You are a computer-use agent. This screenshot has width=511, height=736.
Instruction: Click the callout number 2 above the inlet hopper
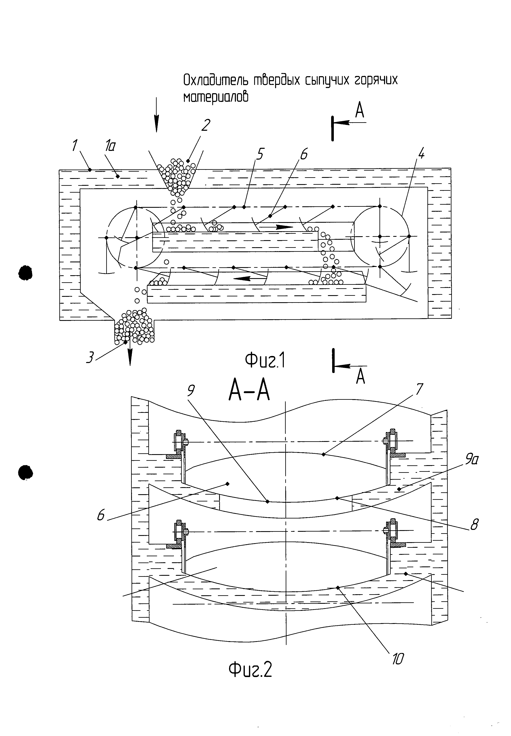pos(206,125)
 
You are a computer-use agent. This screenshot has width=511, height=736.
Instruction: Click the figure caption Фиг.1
pos(265,361)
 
